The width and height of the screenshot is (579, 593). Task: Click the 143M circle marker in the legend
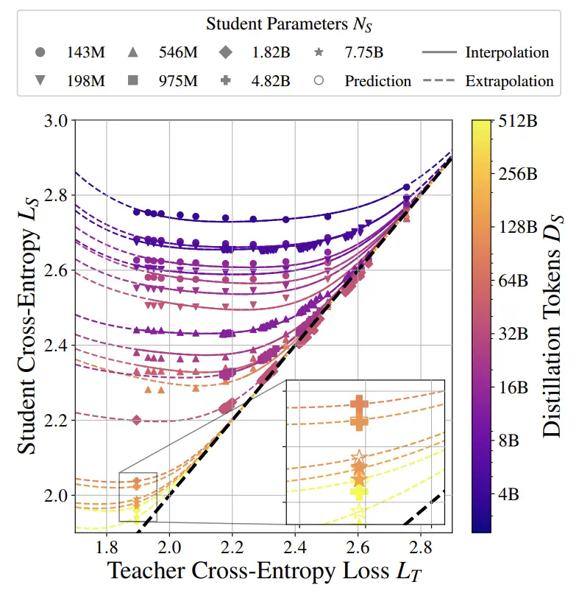(40, 52)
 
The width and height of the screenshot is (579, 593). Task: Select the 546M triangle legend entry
(133, 52)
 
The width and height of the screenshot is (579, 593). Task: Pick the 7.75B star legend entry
(319, 52)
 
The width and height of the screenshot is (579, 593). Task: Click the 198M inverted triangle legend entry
(40, 80)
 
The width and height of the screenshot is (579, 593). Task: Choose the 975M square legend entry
(133, 80)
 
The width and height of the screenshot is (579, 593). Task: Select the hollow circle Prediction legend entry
(319, 80)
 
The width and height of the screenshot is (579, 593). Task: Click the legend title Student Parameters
(289, 24)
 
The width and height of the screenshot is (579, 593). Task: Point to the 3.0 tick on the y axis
(57, 120)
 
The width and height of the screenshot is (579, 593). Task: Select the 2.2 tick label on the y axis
(57, 421)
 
